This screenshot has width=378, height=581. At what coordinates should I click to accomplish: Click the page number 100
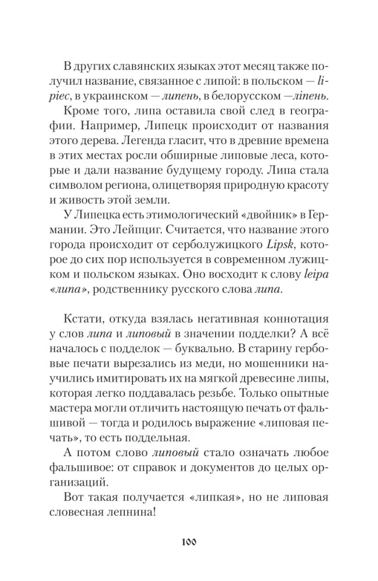pos(189,543)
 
